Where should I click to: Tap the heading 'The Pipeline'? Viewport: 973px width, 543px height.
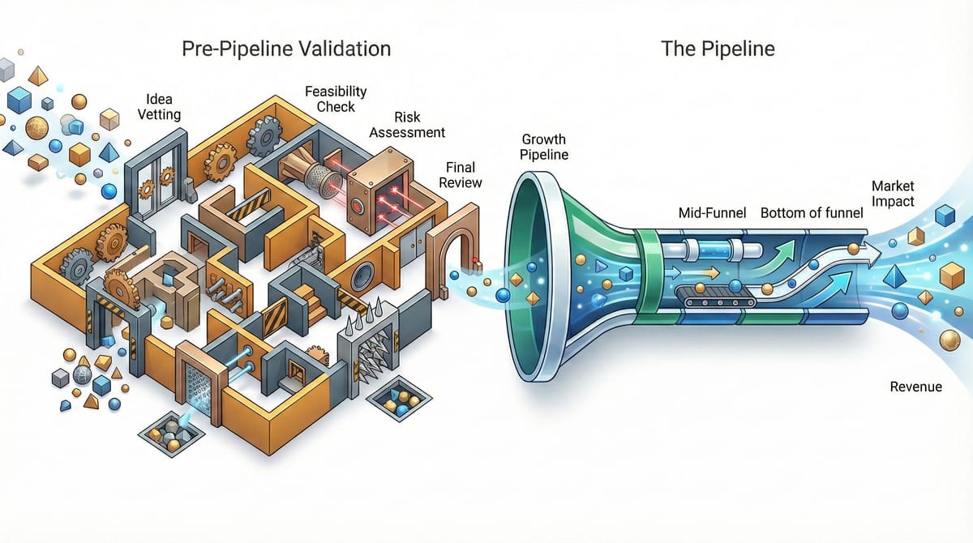(718, 49)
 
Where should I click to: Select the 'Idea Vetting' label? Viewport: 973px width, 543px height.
(160, 107)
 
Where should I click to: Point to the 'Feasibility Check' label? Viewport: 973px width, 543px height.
(336, 99)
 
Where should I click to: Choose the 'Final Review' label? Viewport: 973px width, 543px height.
(461, 175)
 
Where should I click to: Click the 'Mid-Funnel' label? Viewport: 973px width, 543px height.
(713, 214)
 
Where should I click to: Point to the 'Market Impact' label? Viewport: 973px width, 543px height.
(892, 194)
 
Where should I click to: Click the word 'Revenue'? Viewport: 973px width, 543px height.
(915, 387)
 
